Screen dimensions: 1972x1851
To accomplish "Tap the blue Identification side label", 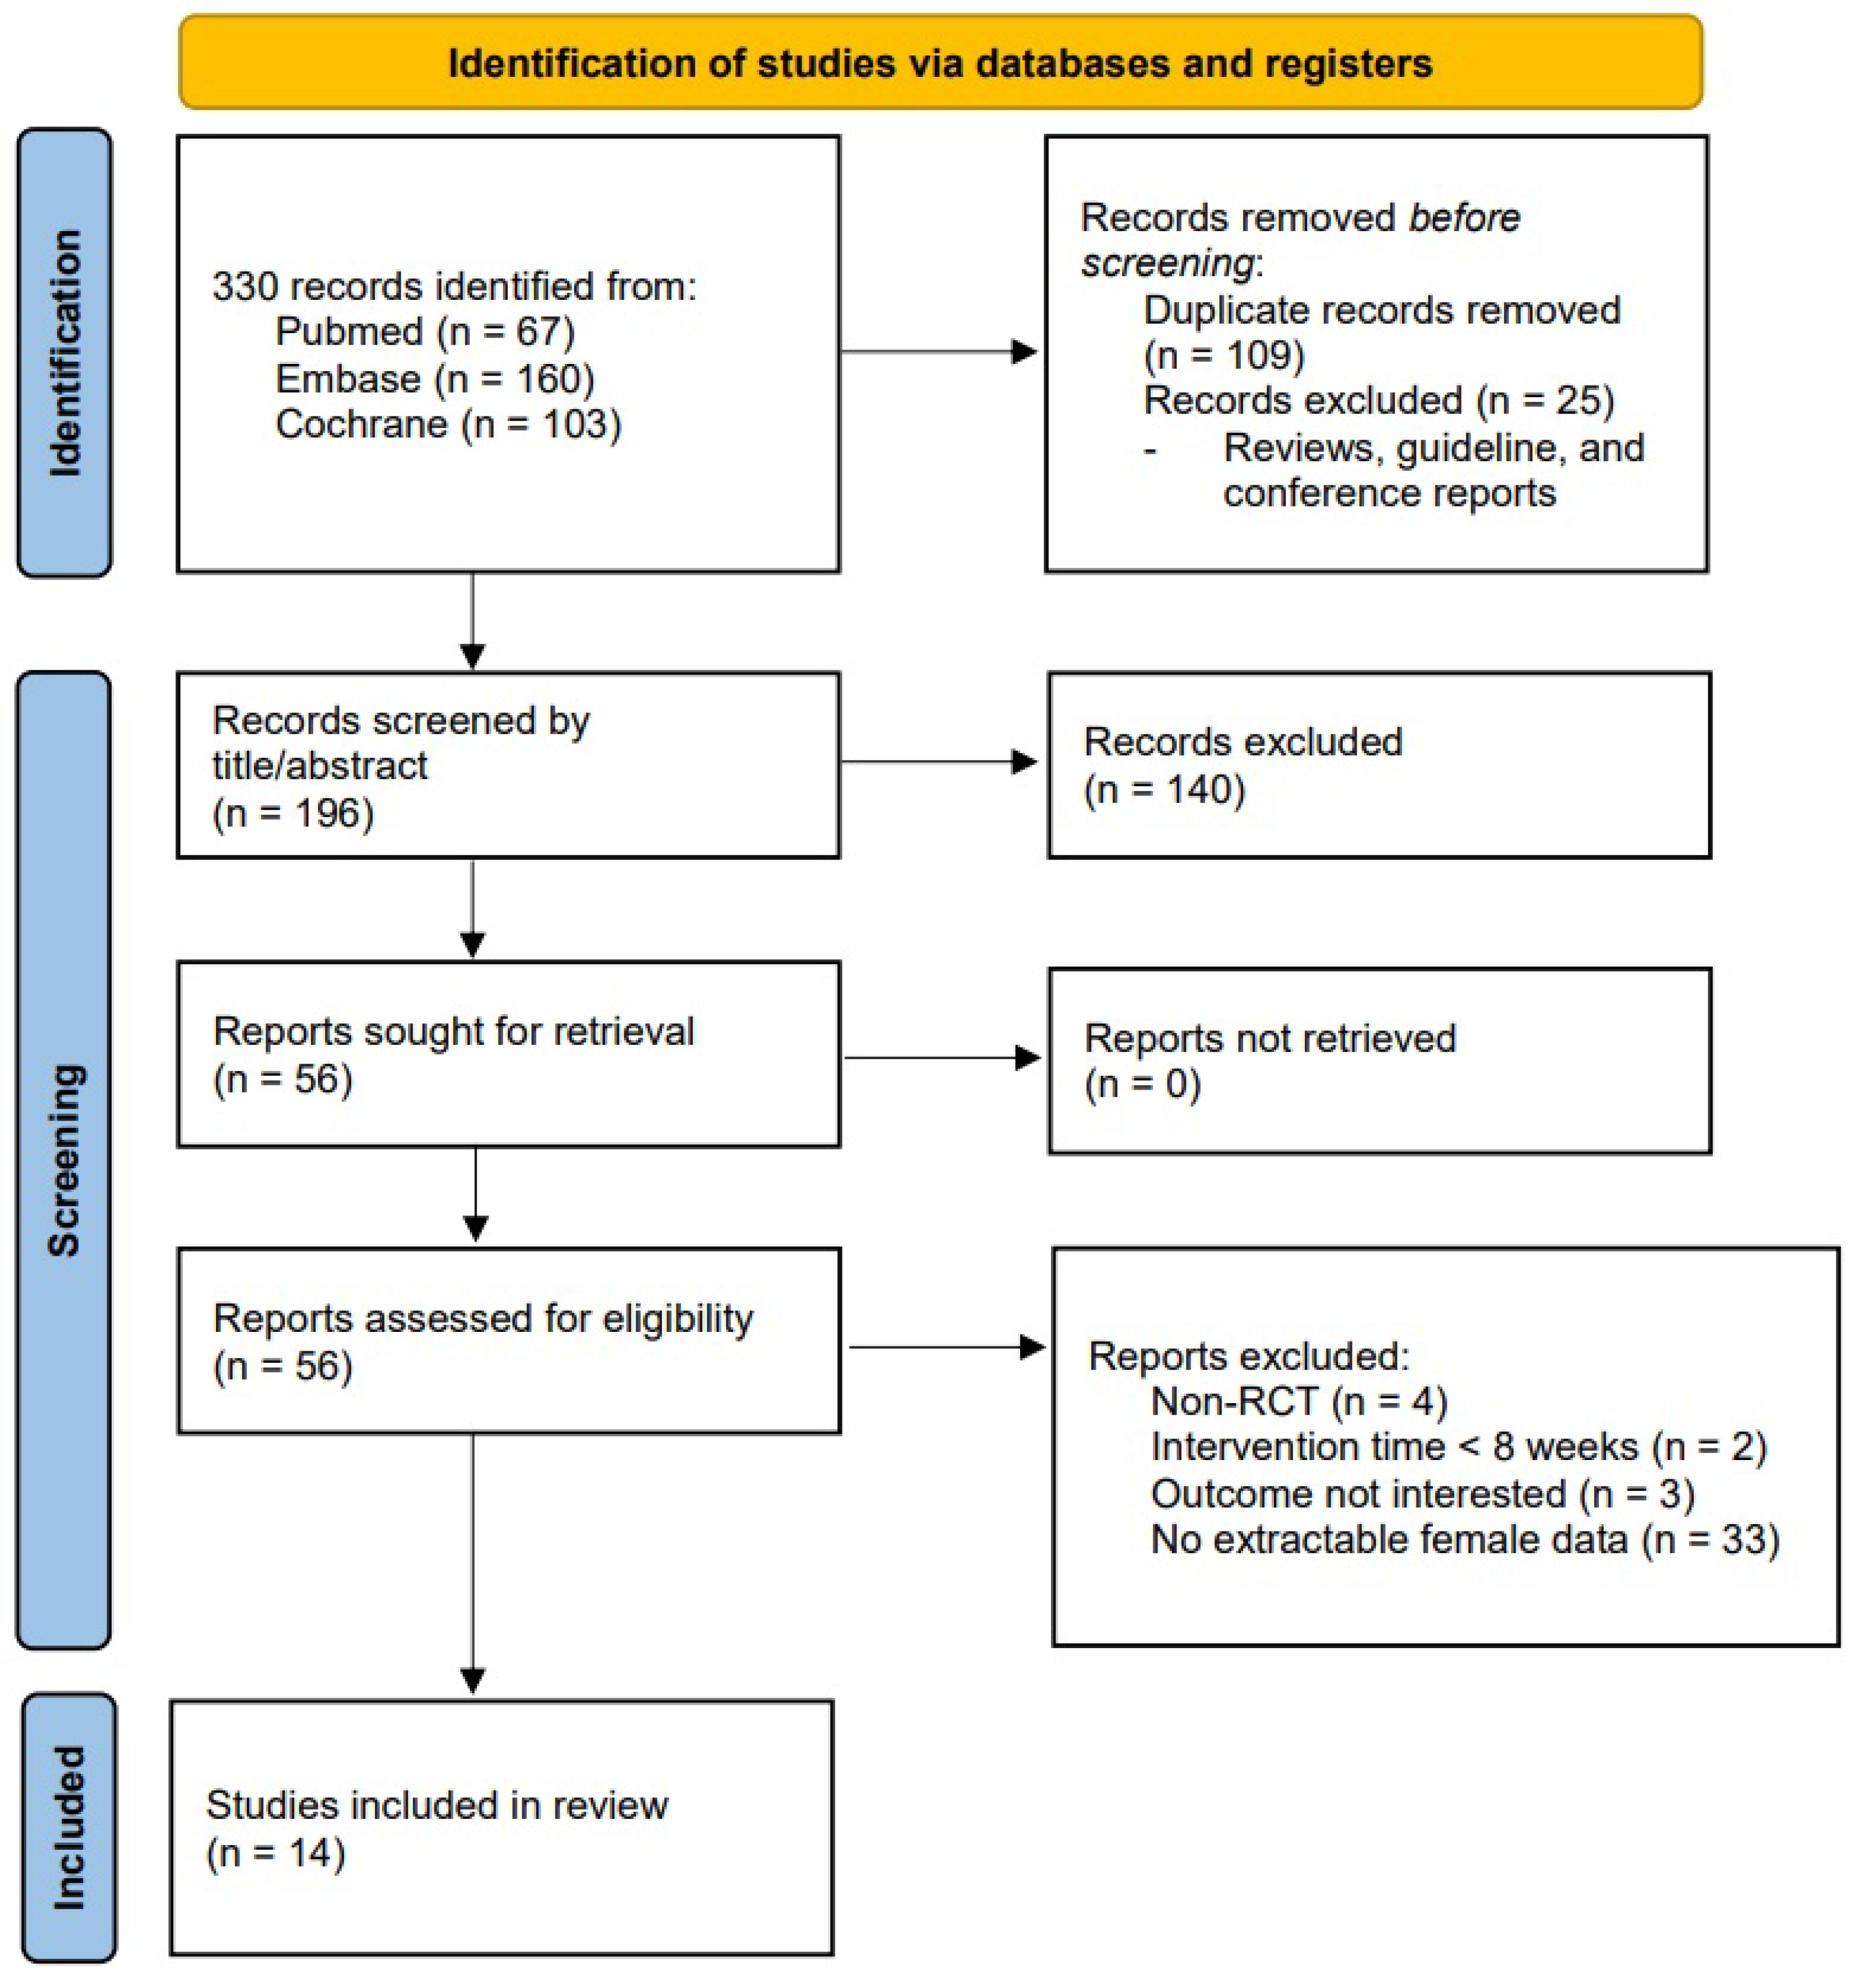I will [65, 352].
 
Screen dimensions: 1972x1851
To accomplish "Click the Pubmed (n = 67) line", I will [424, 331].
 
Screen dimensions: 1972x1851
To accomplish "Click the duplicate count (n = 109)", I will [1223, 355].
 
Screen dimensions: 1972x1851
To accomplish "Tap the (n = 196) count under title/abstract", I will [293, 814].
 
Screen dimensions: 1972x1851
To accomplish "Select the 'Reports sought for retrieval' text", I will [454, 1031].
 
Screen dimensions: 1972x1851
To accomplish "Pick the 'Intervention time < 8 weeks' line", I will [1457, 1447].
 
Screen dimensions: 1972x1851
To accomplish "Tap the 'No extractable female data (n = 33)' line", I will [1464, 1539].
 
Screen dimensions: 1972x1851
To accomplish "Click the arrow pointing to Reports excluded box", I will [947, 1347].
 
